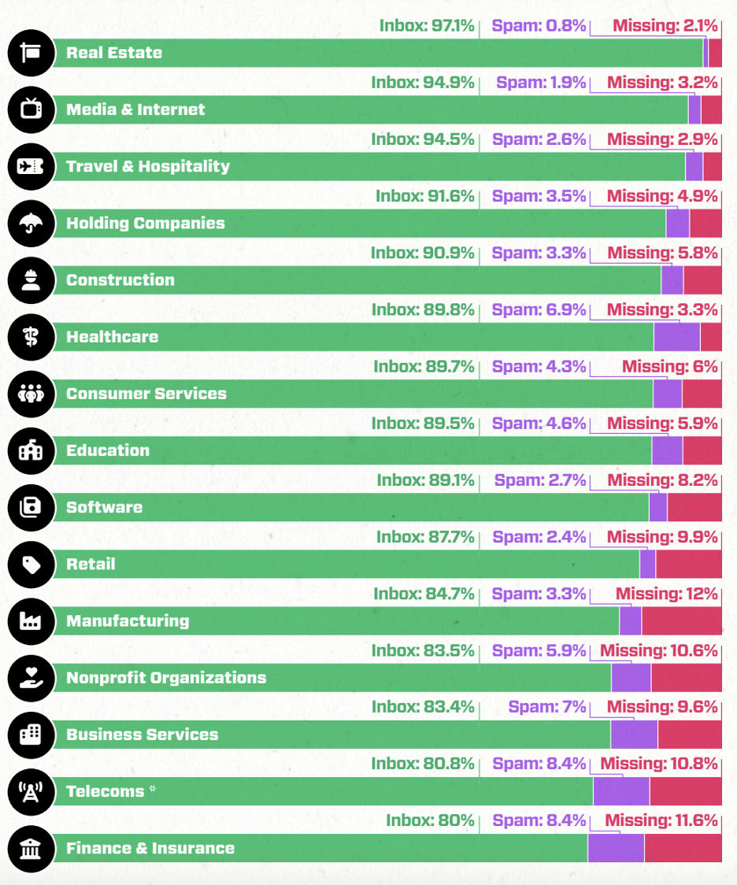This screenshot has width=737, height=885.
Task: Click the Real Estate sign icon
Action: pyautogui.click(x=31, y=53)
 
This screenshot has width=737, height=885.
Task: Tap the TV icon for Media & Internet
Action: pyautogui.click(x=31, y=109)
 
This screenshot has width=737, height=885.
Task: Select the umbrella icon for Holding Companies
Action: pyautogui.click(x=31, y=224)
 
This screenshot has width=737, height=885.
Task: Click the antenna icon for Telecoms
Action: pyautogui.click(x=31, y=791)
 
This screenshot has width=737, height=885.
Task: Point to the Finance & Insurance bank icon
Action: pyautogui.click(x=31, y=848)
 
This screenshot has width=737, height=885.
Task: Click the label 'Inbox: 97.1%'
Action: pyautogui.click(x=427, y=26)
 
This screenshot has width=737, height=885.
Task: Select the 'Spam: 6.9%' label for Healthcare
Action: pyautogui.click(x=539, y=309)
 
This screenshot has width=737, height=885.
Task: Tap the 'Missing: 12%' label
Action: pyautogui.click(x=666, y=594)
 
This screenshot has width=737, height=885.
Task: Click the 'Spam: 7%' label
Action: pyautogui.click(x=547, y=707)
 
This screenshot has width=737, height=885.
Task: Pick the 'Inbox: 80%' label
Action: pyautogui.click(x=430, y=820)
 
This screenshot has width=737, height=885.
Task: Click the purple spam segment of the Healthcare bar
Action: pyautogui.click(x=676, y=337)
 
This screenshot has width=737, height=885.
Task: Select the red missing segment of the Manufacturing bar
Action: pyautogui.click(x=681, y=620)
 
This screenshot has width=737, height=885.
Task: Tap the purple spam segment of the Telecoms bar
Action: pyautogui.click(x=620, y=791)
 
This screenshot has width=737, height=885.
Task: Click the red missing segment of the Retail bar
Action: pyautogui.click(x=688, y=564)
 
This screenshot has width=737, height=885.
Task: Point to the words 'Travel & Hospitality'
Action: pyautogui.click(x=148, y=166)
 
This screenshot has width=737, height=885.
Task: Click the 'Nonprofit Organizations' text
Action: pyautogui.click(x=166, y=678)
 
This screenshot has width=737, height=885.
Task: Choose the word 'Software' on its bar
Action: pyautogui.click(x=105, y=507)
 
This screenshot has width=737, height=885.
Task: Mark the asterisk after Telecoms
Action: pyautogui.click(x=153, y=789)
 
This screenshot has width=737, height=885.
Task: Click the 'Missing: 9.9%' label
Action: pyautogui.click(x=662, y=537)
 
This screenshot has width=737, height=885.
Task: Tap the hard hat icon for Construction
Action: pyautogui.click(x=31, y=280)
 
